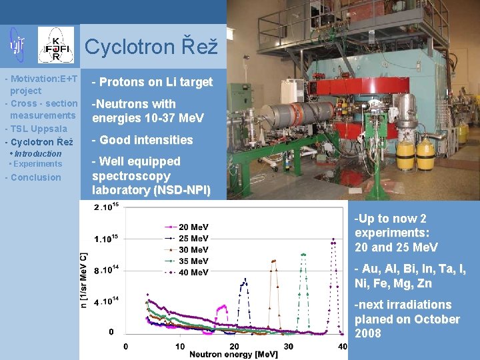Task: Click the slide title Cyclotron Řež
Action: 151,47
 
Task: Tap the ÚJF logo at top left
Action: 17,44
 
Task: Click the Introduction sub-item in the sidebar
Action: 37,154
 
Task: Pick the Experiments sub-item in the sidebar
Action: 37,164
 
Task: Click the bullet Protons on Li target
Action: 153,82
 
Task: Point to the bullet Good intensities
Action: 143,140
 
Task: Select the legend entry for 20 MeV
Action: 193,227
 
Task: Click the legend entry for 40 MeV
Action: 193,272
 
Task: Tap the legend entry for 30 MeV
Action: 193,250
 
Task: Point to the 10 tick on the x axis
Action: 180,346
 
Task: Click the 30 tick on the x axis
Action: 288,346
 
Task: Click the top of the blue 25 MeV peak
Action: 245,279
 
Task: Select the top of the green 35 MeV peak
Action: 303,254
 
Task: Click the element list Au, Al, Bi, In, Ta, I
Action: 410,269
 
